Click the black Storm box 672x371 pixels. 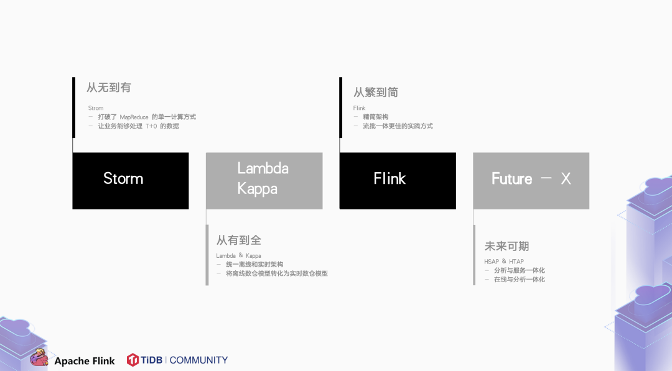pyautogui.click(x=130, y=180)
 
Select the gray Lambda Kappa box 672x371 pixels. pyautogui.click(x=264, y=180)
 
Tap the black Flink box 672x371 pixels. pyautogui.click(x=397, y=180)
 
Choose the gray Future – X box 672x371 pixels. pyautogui.click(x=531, y=180)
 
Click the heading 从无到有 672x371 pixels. pyautogui.click(x=109, y=88)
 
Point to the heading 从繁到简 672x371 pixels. pyautogui.click(x=376, y=93)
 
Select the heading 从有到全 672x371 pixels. pyautogui.click(x=238, y=240)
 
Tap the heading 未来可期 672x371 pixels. pyautogui.click(x=506, y=246)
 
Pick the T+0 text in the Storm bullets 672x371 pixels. pyautogui.click(x=151, y=126)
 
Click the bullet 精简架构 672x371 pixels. pyautogui.click(x=375, y=117)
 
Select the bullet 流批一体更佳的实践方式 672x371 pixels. pyautogui.click(x=398, y=126)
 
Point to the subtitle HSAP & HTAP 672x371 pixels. pyautogui.click(x=504, y=262)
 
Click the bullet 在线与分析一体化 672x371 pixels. pyautogui.click(x=519, y=280)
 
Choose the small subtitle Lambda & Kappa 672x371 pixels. pyautogui.click(x=238, y=255)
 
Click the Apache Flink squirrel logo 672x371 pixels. pyautogui.click(x=39, y=359)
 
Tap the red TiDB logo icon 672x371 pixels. pyautogui.click(x=133, y=360)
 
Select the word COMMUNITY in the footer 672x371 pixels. pyautogui.click(x=198, y=360)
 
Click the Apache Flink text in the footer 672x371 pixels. pyautogui.click(x=85, y=361)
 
